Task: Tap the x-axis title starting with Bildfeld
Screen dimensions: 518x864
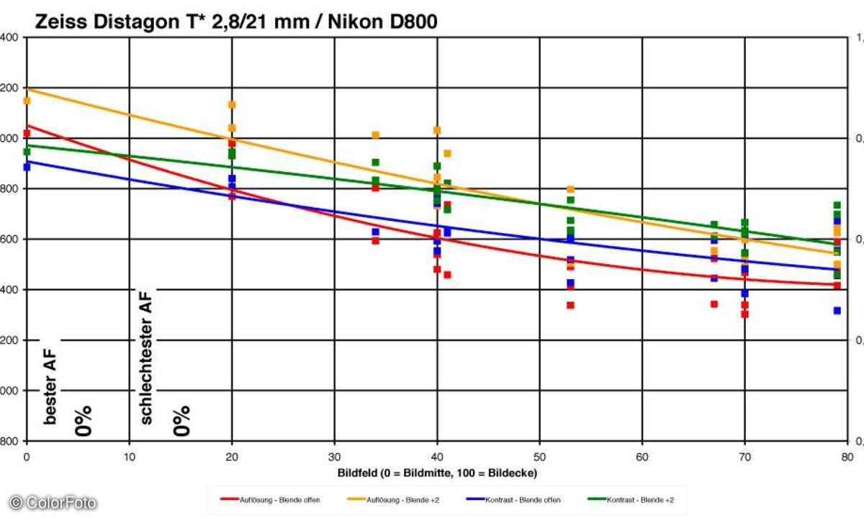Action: [x=437, y=473]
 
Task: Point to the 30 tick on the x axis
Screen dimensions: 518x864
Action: [x=334, y=456]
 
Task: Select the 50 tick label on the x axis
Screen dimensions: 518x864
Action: [x=539, y=456]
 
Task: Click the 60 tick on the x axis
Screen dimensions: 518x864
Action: [x=642, y=456]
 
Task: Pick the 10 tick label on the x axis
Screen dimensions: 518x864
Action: [x=129, y=456]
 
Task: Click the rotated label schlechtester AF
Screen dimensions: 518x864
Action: [x=147, y=357]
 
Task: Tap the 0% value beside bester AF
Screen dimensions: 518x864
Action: [x=84, y=421]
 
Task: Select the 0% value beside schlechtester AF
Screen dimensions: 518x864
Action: [x=181, y=421]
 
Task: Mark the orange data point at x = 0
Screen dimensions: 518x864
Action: [x=27, y=101]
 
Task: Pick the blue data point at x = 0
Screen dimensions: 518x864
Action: [x=27, y=167]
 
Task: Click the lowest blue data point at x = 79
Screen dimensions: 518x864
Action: [x=837, y=311]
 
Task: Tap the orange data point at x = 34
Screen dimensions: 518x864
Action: [x=375, y=135]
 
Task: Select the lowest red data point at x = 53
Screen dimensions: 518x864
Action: [x=570, y=305]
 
